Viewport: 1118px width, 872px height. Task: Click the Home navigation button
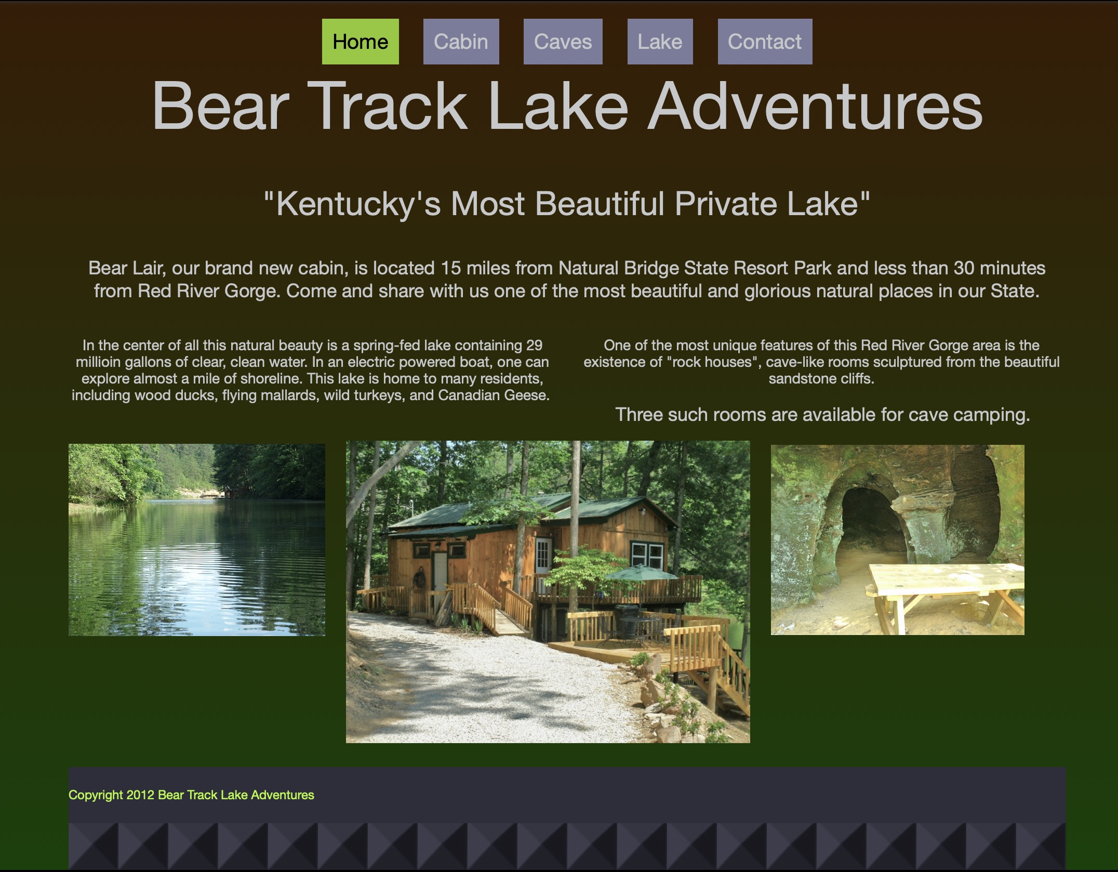pyautogui.click(x=360, y=42)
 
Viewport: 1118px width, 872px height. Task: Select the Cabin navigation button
pyautogui.click(x=461, y=42)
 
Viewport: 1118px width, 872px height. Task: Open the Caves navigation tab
pyautogui.click(x=563, y=42)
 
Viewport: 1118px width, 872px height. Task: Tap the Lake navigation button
pyautogui.click(x=660, y=42)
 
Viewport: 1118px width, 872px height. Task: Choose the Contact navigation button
pyautogui.click(x=765, y=42)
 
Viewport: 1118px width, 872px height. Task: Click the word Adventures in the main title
pyautogui.click(x=815, y=106)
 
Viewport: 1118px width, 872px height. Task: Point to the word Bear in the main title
pyautogui.click(x=220, y=106)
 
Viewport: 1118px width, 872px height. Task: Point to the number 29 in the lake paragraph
pyautogui.click(x=534, y=346)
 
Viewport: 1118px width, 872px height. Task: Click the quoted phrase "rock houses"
pyautogui.click(x=712, y=362)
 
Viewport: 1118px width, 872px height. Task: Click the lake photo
pyautogui.click(x=197, y=539)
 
